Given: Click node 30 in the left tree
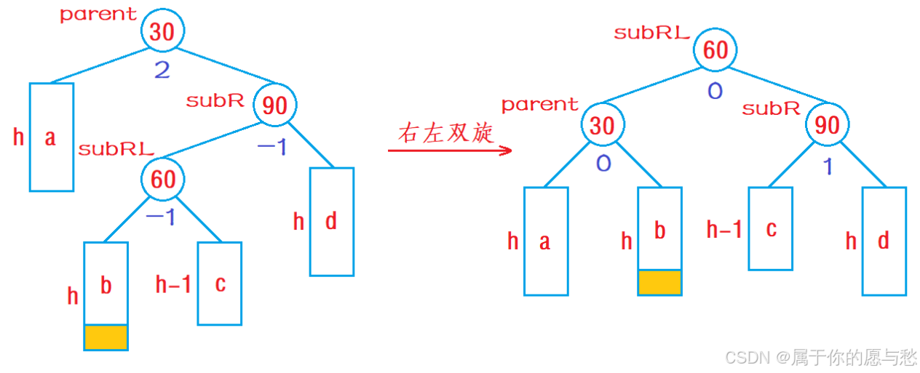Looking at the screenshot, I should tap(163, 31).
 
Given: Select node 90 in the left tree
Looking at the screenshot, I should tap(274, 106).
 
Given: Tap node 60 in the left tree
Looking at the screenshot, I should tap(163, 179).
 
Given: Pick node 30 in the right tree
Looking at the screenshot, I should tap(602, 126).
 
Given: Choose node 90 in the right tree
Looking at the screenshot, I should tap(827, 126).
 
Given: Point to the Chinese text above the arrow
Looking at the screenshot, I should tap(445, 133).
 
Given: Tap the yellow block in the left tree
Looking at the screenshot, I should tap(106, 337).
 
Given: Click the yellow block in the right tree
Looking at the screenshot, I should tap(659, 282).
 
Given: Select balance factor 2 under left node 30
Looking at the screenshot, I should tap(162, 71).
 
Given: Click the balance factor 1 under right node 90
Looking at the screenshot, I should tap(827, 167).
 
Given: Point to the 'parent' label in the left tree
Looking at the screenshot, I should tap(98, 14).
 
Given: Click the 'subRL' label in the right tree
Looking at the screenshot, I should tap(651, 33).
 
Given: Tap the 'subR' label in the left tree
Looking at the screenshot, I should tap(215, 101).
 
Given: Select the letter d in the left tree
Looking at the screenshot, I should tap(331, 221).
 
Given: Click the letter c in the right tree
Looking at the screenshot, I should tap(772, 229).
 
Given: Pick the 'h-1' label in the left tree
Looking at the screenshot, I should tap(173, 284).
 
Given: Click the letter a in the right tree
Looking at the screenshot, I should tap(545, 241).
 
